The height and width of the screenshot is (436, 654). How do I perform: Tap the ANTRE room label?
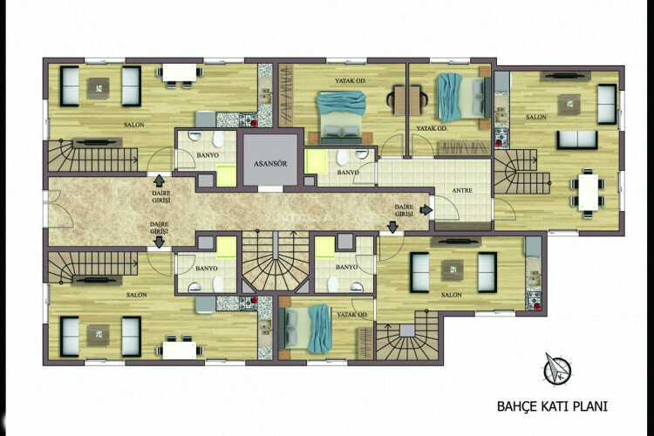pos(462,191)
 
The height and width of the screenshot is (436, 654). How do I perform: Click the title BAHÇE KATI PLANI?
pos(551,405)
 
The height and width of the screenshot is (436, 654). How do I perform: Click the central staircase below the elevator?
pos(275,261)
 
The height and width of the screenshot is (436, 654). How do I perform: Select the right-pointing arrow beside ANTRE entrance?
pos(426,210)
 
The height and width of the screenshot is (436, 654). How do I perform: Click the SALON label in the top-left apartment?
pos(133,125)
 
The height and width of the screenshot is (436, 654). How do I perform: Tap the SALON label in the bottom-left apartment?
pos(135,295)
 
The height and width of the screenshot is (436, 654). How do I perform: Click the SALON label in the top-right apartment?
pos(535,116)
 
